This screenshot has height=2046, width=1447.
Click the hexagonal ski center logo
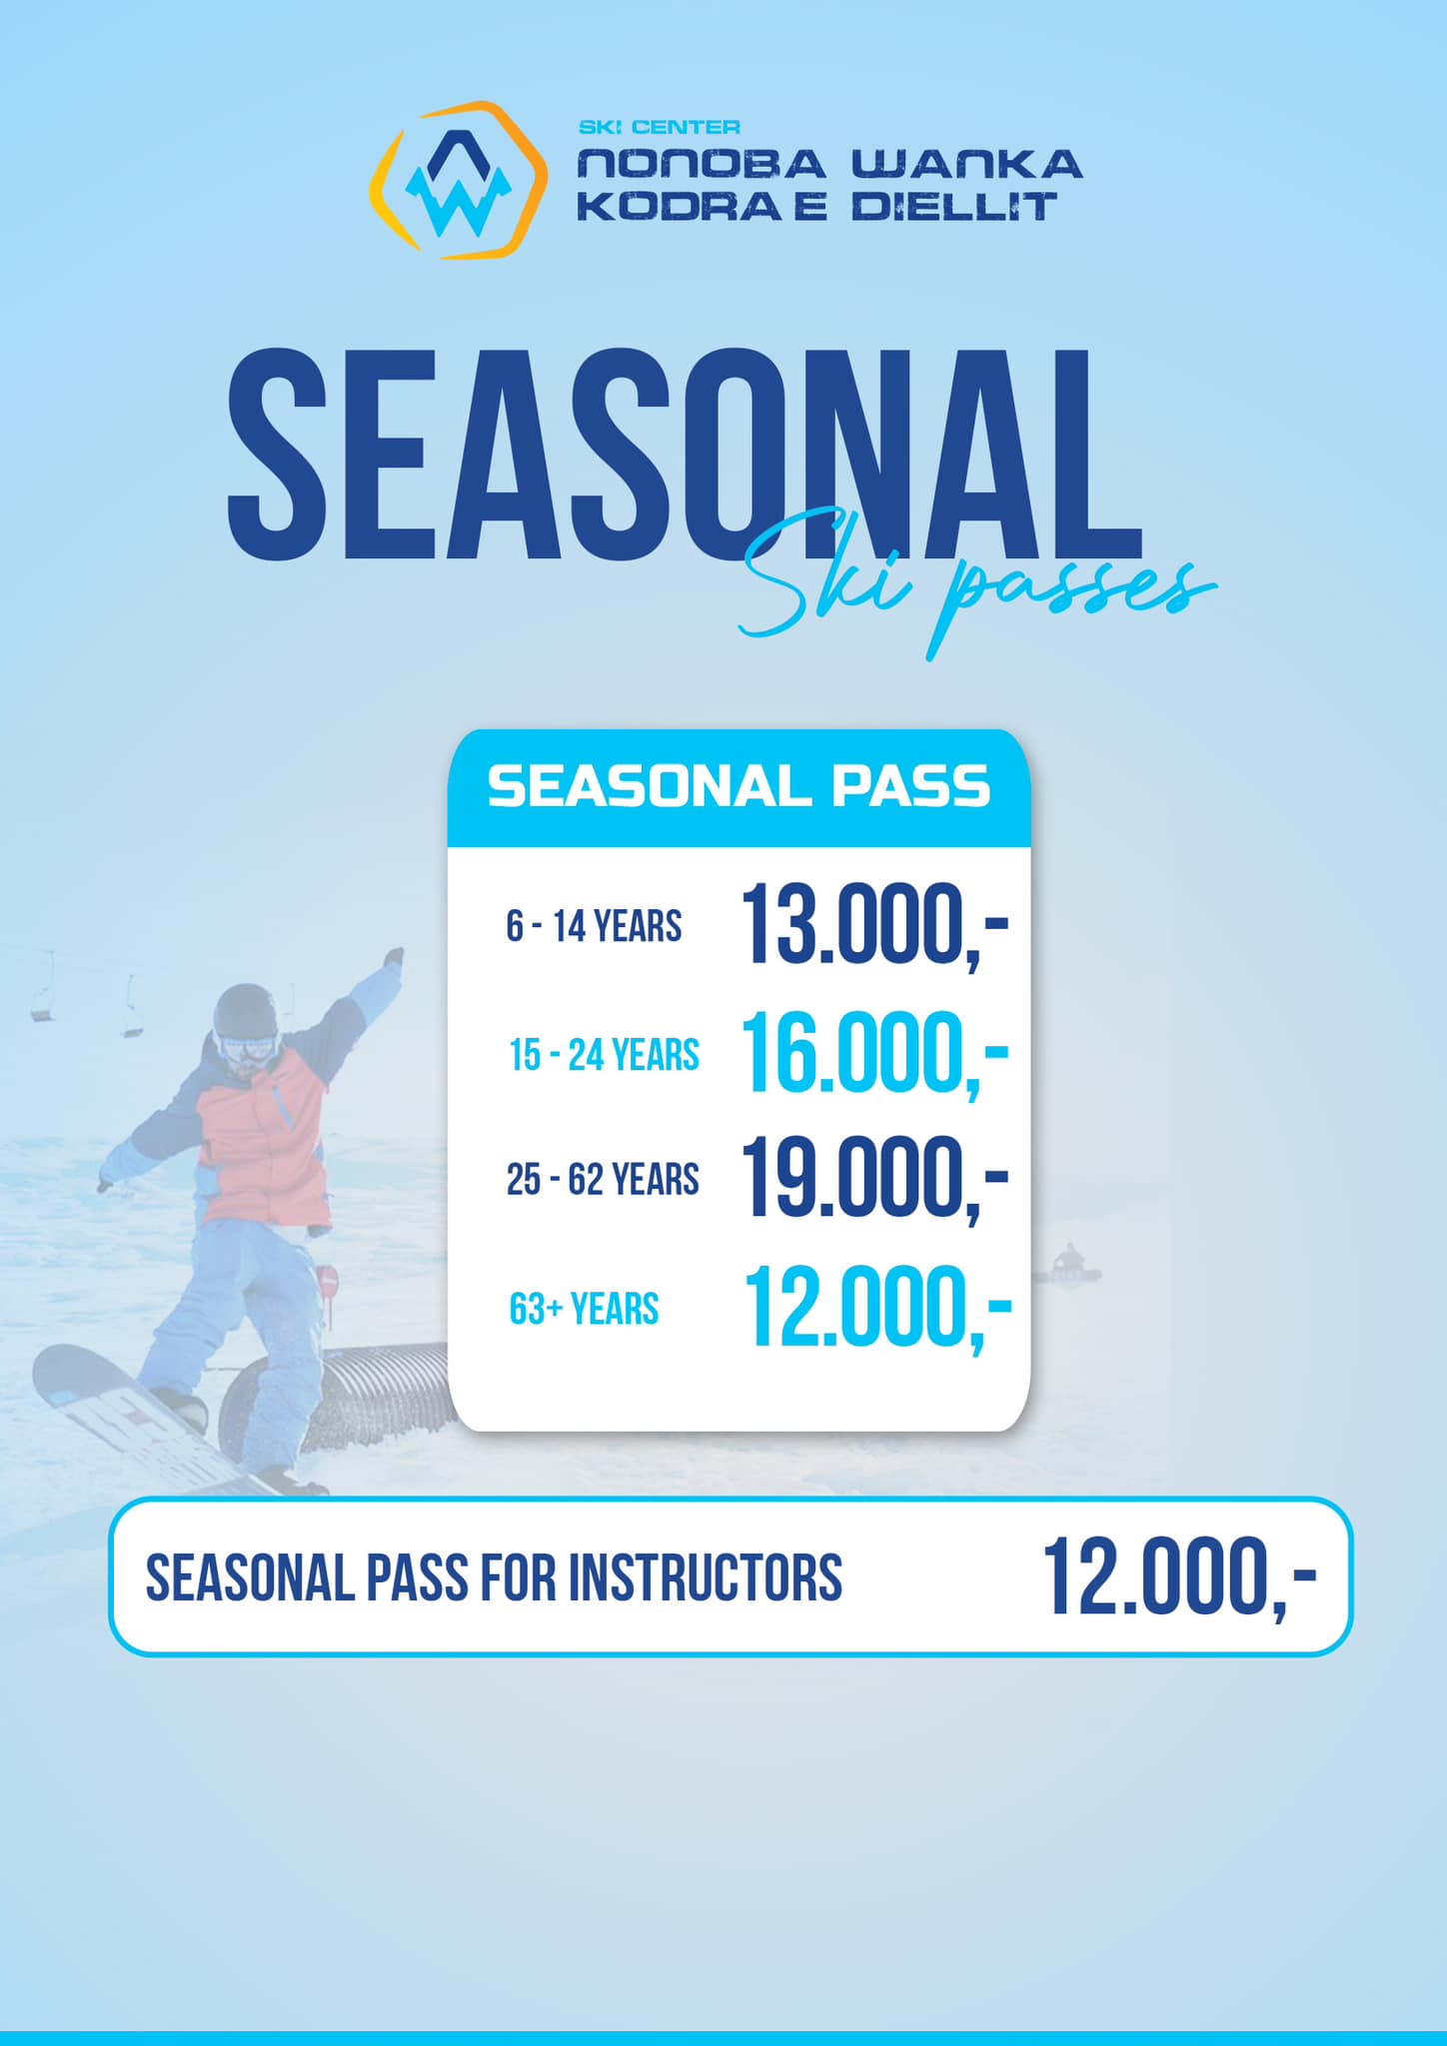[x=459, y=180]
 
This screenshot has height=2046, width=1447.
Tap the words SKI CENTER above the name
[x=660, y=128]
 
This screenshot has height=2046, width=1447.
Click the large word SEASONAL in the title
[x=686, y=455]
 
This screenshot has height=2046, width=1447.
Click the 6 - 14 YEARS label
[x=594, y=926]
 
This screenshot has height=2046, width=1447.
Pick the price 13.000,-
[x=875, y=925]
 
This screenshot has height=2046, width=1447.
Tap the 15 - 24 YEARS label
[x=604, y=1055]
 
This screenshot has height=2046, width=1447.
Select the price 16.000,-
[x=875, y=1053]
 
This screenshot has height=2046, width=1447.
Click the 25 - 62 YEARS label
[x=603, y=1180]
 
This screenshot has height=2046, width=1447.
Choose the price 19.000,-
[x=875, y=1179]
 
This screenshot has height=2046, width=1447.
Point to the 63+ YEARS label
[x=584, y=1309]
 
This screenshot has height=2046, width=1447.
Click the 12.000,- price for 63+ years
[x=877, y=1307]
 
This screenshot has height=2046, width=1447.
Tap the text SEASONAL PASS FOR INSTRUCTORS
[x=494, y=1577]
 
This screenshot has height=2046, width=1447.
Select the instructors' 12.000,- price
[x=1180, y=1576]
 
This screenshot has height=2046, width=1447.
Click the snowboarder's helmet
[x=245, y=1011]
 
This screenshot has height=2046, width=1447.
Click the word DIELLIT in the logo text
[x=954, y=206]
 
